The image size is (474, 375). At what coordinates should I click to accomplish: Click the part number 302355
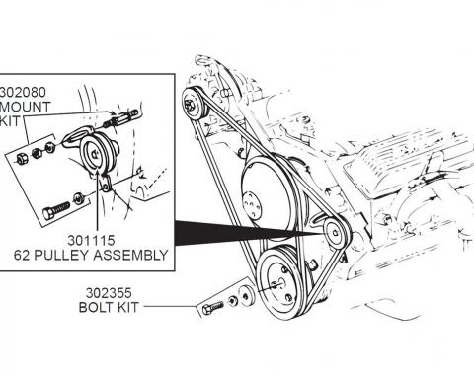tap(111, 293)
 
